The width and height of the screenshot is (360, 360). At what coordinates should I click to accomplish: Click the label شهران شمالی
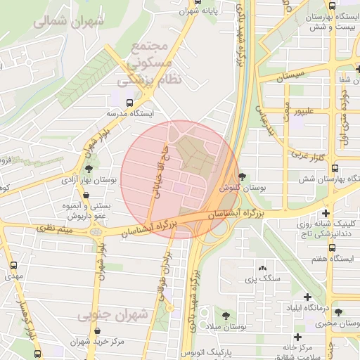pyautogui.click(x=70, y=20)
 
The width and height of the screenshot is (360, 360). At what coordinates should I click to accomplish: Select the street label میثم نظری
pyautogui.click(x=56, y=229)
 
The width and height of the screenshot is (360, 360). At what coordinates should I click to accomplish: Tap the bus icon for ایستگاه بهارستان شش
pyautogui.click(x=334, y=169)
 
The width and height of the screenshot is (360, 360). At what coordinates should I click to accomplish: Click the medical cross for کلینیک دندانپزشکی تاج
pyautogui.click(x=326, y=212)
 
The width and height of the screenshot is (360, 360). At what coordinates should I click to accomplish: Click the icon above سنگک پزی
pyautogui.click(x=262, y=268)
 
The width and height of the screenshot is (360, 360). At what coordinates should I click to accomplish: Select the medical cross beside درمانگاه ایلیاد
pyautogui.click(x=307, y=297)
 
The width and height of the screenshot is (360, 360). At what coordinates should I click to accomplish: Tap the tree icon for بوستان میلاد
pyautogui.click(x=226, y=316)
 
